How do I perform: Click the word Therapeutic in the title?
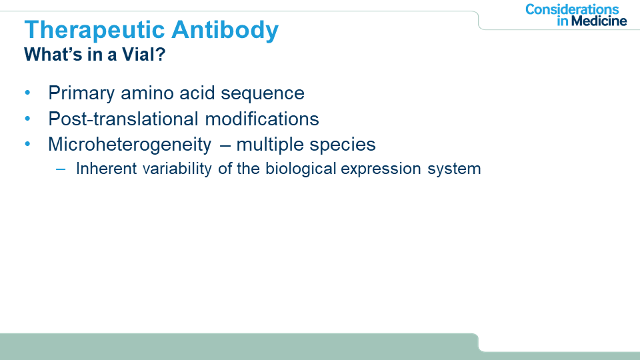tap(95, 31)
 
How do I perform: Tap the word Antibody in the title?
tap(225, 31)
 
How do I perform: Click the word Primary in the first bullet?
tap(81, 93)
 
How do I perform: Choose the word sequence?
tap(263, 94)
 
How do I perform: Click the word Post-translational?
tap(123, 119)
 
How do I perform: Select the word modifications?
tap(261, 119)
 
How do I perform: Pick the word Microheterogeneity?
tap(130, 145)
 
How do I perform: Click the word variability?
tap(177, 169)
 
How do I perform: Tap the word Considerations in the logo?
tap(572, 9)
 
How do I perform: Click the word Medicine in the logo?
tap(599, 21)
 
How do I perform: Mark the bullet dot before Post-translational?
tap(27, 119)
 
